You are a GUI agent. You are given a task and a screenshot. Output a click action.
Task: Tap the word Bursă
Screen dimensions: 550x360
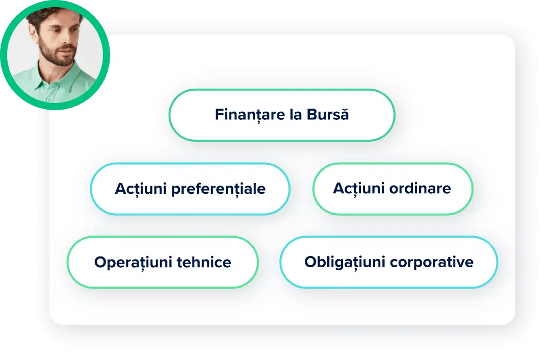328,114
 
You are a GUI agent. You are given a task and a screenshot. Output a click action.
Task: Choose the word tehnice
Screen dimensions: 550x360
204,262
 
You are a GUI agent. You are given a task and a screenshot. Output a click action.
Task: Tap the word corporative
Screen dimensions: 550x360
431,263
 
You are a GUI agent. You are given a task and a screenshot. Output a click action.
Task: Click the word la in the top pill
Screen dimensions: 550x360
296,114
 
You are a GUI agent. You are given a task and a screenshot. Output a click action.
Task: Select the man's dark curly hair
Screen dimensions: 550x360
45,16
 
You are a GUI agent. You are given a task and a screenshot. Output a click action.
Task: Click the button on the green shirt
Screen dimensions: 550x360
48,100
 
